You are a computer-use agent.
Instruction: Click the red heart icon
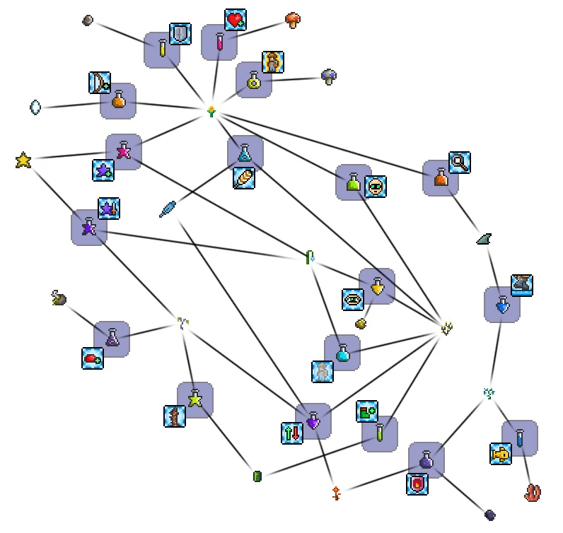pyautogui.click(x=236, y=20)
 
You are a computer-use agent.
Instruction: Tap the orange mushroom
pyautogui.click(x=294, y=20)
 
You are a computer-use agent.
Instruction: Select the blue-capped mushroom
pyautogui.click(x=329, y=76)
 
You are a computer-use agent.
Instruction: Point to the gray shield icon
pyautogui.click(x=180, y=34)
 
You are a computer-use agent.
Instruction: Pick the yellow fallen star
pyautogui.click(x=23, y=160)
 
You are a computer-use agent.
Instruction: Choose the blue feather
pyautogui.click(x=168, y=209)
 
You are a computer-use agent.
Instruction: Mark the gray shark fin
pyautogui.click(x=484, y=240)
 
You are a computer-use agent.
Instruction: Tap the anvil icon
pyautogui.click(x=522, y=286)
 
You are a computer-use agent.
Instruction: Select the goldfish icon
pyautogui.click(x=501, y=454)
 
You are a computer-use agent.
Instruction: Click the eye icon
pyautogui.click(x=353, y=299)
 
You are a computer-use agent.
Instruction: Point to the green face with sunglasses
pyautogui.click(x=376, y=187)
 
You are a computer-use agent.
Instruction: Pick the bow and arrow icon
pyautogui.click(x=100, y=83)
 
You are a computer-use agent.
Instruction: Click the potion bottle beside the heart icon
pyautogui.click(x=219, y=42)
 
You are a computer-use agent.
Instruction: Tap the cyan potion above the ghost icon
pyautogui.click(x=342, y=353)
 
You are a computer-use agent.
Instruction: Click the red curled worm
pyautogui.click(x=533, y=492)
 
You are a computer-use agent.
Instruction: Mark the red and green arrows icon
pyautogui.click(x=292, y=433)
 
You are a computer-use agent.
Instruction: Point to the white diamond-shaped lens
pyautogui.click(x=35, y=107)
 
